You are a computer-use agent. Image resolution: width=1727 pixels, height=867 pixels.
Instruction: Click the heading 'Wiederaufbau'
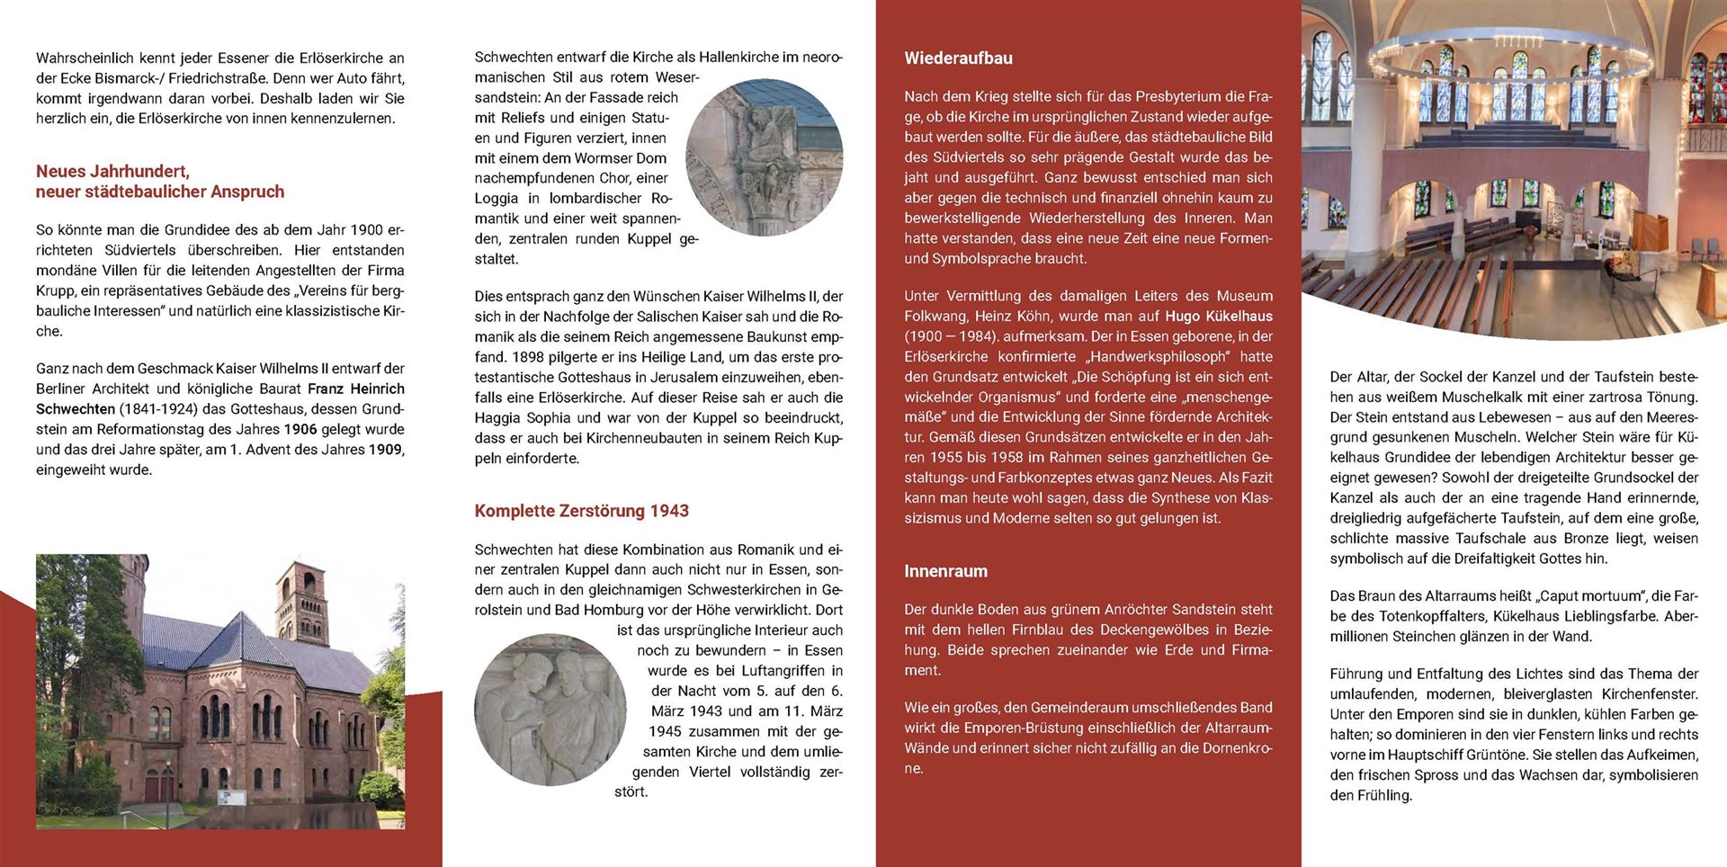click(958, 58)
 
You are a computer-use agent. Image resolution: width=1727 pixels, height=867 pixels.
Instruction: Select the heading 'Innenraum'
click(945, 571)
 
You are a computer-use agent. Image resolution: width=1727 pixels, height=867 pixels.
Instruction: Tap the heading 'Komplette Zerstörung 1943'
click(581, 511)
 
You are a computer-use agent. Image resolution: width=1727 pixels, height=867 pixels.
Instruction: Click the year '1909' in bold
click(385, 450)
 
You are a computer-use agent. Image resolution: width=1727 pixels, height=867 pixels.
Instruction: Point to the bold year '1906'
click(300, 429)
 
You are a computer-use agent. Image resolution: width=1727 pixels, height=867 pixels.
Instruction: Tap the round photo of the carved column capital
click(764, 157)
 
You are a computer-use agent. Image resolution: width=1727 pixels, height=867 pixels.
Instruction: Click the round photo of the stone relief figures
click(550, 710)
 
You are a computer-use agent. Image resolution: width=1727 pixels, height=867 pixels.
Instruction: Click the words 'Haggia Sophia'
click(523, 417)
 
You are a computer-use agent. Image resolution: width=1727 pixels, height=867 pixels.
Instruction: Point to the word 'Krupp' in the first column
click(55, 290)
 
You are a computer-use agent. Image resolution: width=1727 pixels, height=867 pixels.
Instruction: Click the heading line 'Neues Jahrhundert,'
click(112, 171)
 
